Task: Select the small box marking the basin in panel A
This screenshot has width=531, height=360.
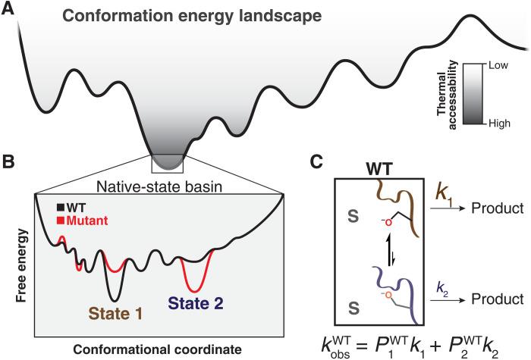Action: point(166,161)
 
